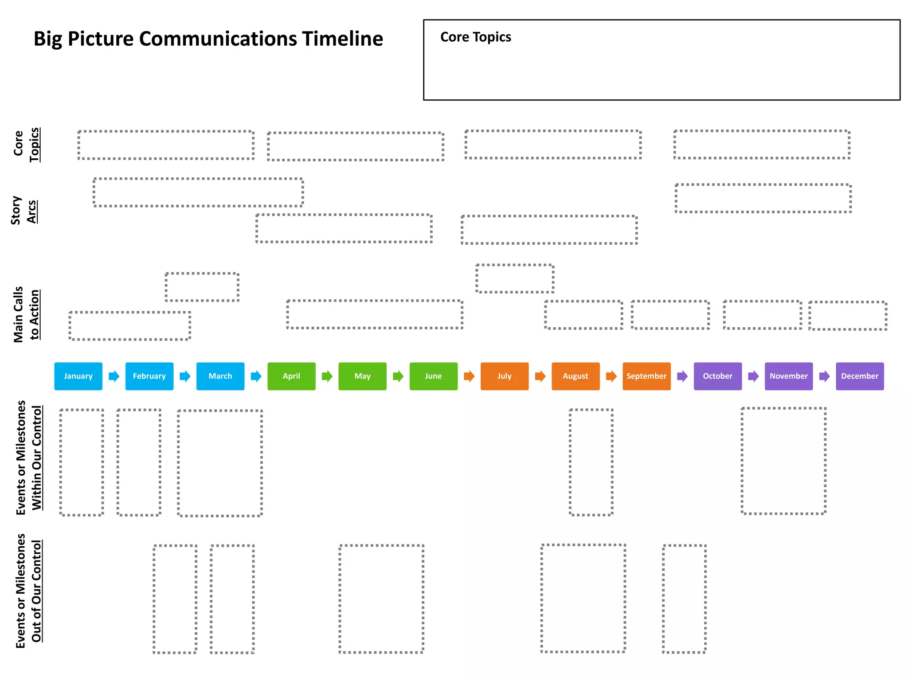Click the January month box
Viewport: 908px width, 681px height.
click(x=78, y=376)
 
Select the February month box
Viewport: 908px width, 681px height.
click(x=149, y=376)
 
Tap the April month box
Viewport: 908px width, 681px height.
click(x=291, y=376)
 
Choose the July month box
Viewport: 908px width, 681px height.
click(x=504, y=376)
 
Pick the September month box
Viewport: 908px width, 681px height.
click(x=646, y=376)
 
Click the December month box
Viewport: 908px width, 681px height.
click(x=859, y=376)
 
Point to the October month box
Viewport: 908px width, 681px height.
click(x=717, y=376)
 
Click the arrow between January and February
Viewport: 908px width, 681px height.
click(x=114, y=376)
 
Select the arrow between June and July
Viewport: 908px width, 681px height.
click(x=469, y=376)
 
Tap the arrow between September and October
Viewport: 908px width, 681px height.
click(x=682, y=376)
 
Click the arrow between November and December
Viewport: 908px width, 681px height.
click(x=824, y=376)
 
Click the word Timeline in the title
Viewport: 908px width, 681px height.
click(x=342, y=39)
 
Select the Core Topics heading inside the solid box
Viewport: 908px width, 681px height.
click(x=475, y=37)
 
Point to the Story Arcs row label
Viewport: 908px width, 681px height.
click(x=23, y=211)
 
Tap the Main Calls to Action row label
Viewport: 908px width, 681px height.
click(x=26, y=314)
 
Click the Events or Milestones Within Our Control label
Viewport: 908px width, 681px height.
click(x=29, y=458)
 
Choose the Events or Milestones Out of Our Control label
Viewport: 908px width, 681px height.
click(x=29, y=591)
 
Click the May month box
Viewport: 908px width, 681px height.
click(x=362, y=376)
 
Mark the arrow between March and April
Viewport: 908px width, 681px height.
click(x=256, y=376)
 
